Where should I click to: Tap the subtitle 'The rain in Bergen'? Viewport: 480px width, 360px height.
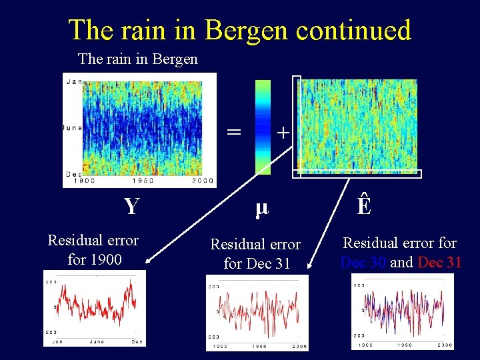pos(138,59)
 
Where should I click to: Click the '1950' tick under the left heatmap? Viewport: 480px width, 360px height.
pos(143,181)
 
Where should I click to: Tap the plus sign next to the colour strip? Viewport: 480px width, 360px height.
pos(283,133)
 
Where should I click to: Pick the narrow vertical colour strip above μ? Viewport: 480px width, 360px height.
pos(263,127)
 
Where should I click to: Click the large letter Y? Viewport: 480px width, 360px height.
pos(131,207)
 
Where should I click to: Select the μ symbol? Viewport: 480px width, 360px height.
pos(261,207)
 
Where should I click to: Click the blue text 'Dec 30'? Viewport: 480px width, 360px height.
pos(363,262)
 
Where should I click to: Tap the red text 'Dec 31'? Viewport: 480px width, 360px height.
pos(439,262)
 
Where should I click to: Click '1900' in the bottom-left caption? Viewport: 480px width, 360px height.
pos(104,259)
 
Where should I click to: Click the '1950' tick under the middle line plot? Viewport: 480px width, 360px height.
pos(257,346)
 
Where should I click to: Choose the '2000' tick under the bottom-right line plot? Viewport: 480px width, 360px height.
pos(444,345)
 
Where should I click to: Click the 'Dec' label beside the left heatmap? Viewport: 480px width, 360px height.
pos(74,173)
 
